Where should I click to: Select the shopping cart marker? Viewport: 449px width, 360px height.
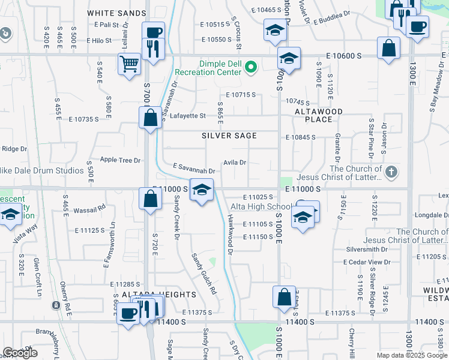[130, 64]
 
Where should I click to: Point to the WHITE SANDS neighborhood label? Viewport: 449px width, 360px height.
[116, 13]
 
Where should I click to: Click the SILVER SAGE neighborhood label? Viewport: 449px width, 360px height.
[229, 136]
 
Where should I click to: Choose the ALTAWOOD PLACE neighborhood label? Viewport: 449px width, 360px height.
[318, 115]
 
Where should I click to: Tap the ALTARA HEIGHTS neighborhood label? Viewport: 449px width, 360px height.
[151, 295]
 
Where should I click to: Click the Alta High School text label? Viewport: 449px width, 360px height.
[262, 207]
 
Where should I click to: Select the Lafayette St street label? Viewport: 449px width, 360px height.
[187, 116]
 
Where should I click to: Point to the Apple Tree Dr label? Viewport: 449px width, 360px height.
[120, 160]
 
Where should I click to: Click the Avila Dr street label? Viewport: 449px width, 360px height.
[235, 163]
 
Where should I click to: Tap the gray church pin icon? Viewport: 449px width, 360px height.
[391, 173]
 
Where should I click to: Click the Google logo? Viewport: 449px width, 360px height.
[20, 353]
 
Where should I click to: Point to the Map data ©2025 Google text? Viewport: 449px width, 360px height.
[411, 355]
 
